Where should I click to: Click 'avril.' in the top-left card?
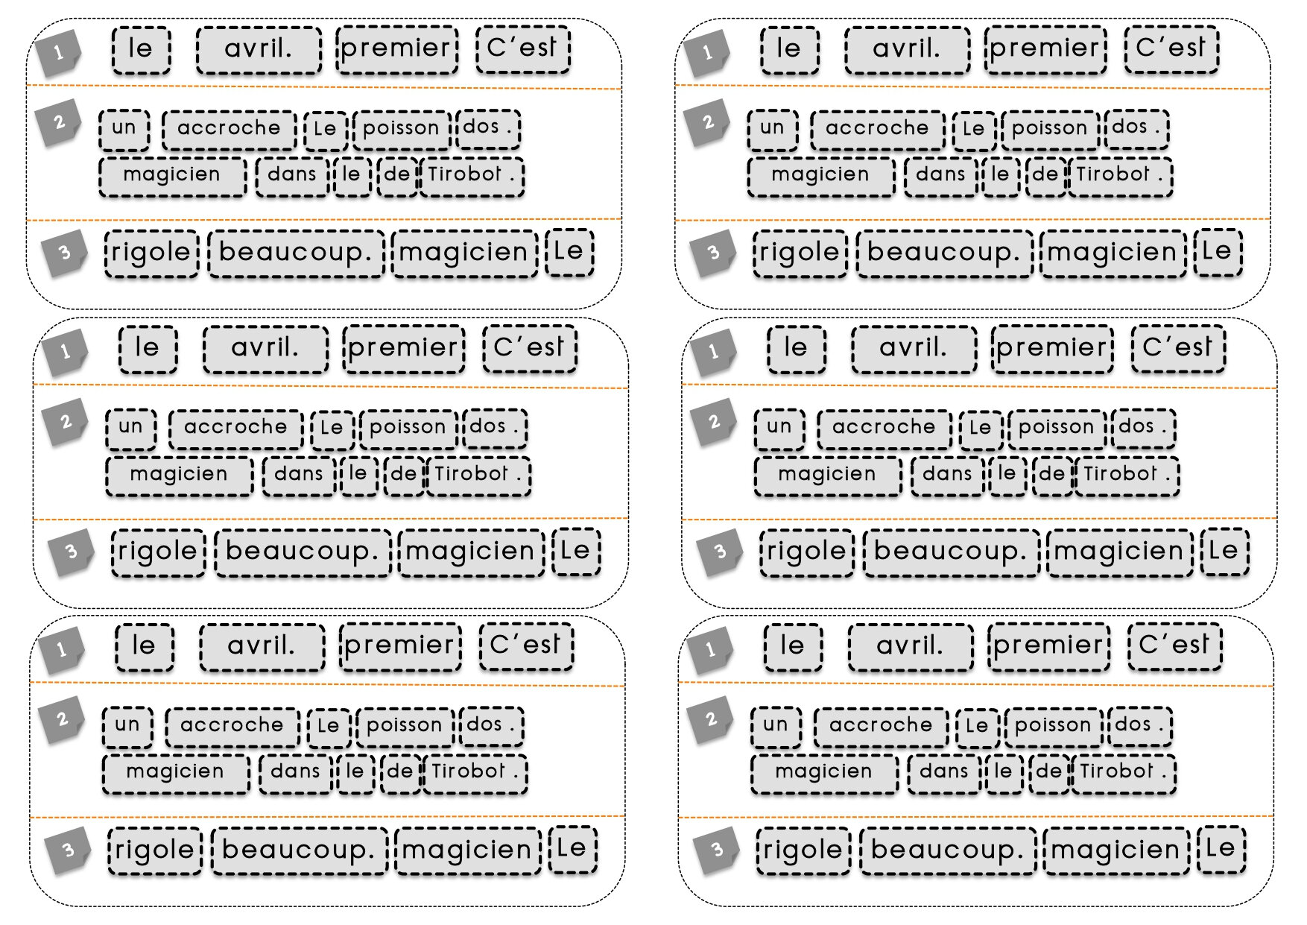pos(259,50)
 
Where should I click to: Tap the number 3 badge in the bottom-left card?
pos(68,850)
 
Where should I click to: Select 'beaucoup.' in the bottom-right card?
pos(948,850)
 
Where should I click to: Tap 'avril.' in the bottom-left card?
pos(262,646)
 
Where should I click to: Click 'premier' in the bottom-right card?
pos(1049,646)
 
